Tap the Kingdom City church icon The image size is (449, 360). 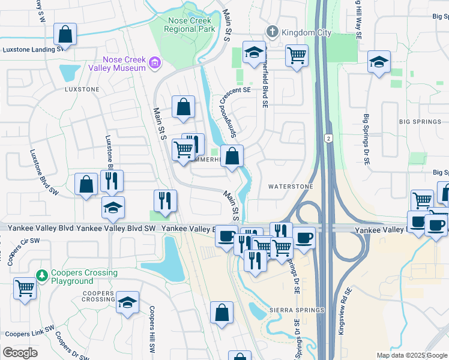tap(271, 31)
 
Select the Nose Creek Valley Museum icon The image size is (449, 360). tap(155, 62)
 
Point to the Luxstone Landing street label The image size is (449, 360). tap(33, 50)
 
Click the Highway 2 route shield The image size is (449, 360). tap(328, 138)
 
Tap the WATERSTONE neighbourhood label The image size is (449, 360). tap(291, 187)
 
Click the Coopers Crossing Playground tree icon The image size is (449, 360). tap(42, 275)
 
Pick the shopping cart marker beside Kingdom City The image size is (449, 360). tap(297, 56)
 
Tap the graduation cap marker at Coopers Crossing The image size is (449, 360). tap(127, 302)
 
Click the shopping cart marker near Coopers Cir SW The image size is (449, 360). tap(25, 288)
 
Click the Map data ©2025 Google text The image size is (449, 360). tap(412, 355)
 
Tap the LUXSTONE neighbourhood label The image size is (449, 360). tap(82, 89)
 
